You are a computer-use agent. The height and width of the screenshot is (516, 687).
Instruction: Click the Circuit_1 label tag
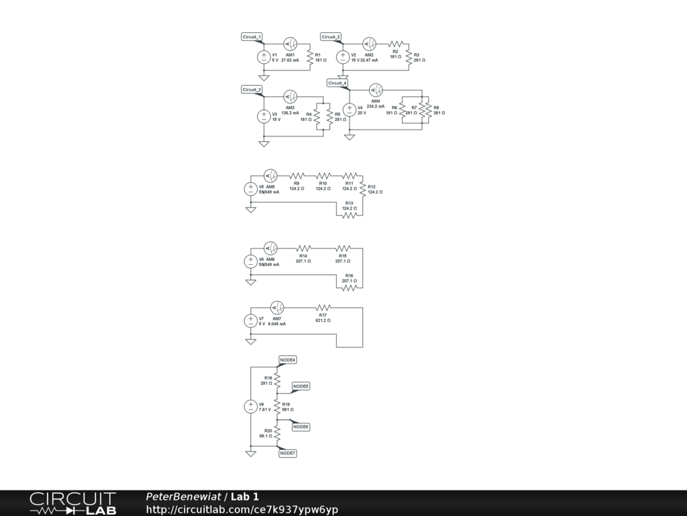click(252, 36)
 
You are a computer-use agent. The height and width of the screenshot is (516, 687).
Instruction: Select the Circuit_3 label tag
click(252, 89)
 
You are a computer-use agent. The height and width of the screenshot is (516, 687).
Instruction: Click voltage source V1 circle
click(264, 57)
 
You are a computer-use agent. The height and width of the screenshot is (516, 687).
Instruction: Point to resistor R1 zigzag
click(309, 58)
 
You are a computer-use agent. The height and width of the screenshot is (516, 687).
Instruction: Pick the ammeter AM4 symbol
click(376, 89)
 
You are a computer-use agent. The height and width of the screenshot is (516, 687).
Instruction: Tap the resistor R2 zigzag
click(394, 44)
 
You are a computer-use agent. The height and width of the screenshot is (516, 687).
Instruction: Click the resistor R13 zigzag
click(349, 216)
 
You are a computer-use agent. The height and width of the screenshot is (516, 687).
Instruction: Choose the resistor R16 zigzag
click(349, 288)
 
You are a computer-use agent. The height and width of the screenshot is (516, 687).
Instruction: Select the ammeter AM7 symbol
click(276, 308)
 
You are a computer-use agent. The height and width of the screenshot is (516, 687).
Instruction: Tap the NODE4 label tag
click(288, 360)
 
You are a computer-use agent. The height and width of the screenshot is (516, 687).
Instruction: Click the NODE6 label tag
click(301, 427)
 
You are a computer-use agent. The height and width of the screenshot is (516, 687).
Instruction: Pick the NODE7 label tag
click(288, 454)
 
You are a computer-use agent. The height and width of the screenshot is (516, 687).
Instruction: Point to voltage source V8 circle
click(250, 406)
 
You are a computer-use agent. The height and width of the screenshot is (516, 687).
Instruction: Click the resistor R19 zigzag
click(276, 406)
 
